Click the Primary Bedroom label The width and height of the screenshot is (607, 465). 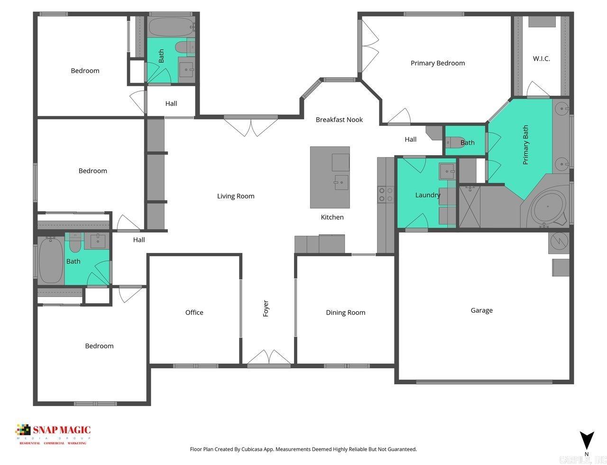click(x=437, y=63)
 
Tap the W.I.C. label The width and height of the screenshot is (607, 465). click(x=541, y=59)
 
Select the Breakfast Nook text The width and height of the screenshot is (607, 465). click(x=339, y=120)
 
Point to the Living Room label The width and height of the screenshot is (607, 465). click(x=236, y=196)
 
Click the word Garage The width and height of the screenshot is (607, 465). click(x=481, y=310)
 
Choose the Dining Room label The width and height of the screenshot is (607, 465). click(x=345, y=312)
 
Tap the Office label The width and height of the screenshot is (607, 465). click(x=194, y=312)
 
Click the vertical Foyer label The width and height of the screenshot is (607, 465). click(x=266, y=308)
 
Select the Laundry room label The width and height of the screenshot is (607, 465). click(x=427, y=195)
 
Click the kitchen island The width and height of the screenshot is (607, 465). click(x=330, y=177)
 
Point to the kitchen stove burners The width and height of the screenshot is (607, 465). click(x=385, y=195)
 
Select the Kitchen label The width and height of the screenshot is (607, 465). click(x=332, y=217)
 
